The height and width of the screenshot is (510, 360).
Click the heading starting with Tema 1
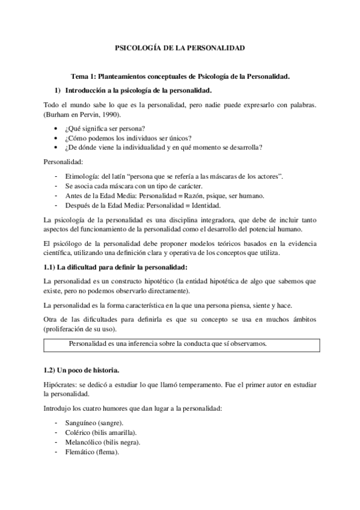tap(180, 76)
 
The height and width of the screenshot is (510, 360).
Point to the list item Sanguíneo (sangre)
tap(97, 423)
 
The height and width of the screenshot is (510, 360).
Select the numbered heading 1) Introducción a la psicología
tap(138, 90)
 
